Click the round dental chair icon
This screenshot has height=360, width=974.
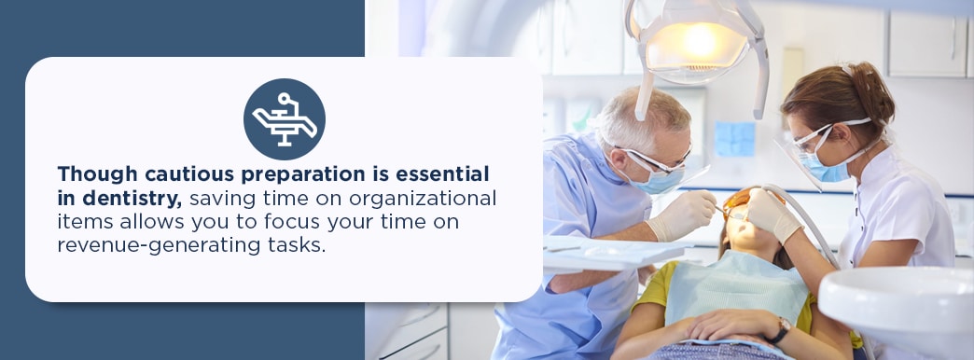[284, 119]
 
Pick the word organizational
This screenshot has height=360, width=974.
[423, 200]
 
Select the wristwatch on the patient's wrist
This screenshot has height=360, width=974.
[780, 330]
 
